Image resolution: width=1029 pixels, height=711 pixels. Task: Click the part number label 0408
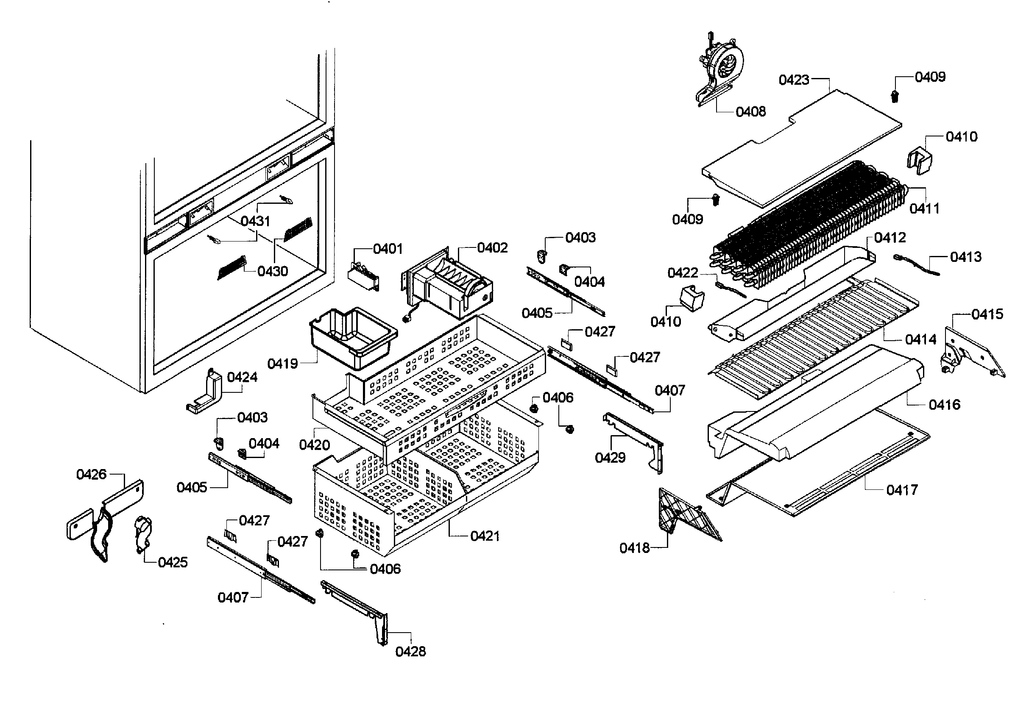click(x=750, y=111)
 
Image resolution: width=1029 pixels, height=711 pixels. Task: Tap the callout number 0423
click(x=794, y=80)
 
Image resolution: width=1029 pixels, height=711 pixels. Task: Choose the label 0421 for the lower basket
click(x=485, y=536)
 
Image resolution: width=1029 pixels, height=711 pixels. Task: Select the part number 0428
click(x=410, y=652)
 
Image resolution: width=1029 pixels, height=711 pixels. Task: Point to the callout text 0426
click(x=91, y=475)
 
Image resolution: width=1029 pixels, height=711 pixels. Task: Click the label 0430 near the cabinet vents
click(x=273, y=271)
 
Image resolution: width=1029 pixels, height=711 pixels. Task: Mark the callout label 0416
click(x=944, y=405)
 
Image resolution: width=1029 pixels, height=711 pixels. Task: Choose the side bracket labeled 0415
click(x=971, y=352)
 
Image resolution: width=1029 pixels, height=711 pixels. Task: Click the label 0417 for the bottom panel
click(x=902, y=490)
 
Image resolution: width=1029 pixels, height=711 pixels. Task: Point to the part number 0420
click(x=315, y=444)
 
